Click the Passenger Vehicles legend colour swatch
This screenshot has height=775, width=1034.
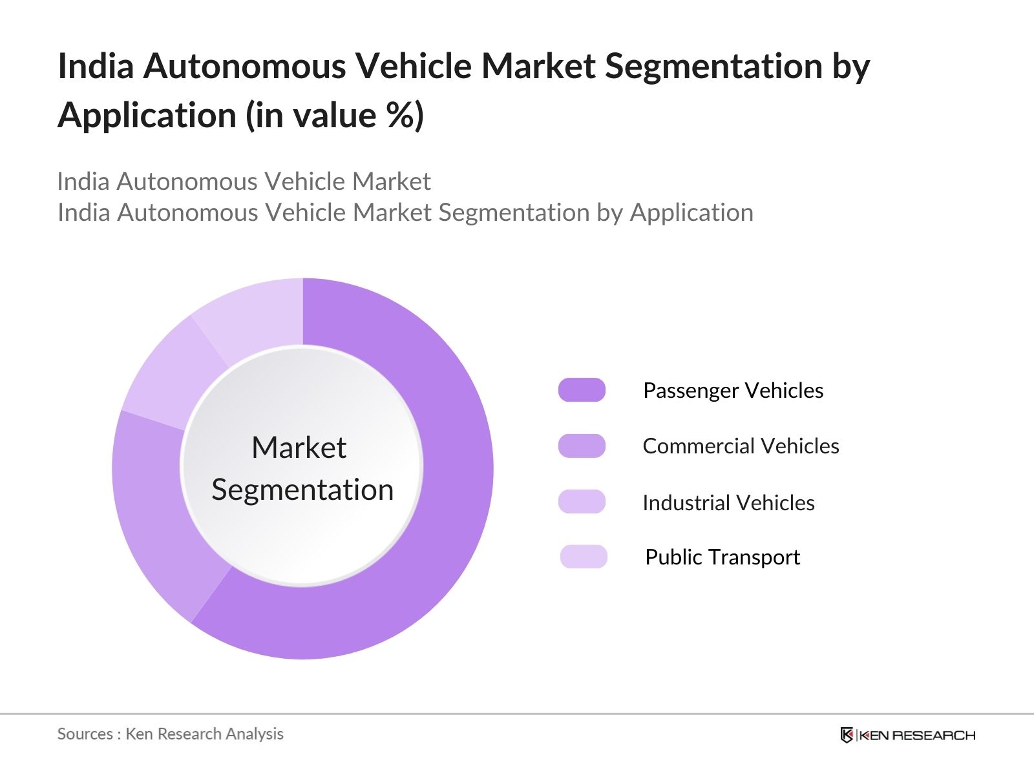[582, 390]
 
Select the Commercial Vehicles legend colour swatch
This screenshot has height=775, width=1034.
[582, 446]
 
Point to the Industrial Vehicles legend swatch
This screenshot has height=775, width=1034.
[582, 502]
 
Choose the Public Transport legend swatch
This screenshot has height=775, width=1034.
[584, 557]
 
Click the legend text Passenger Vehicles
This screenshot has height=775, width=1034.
[733, 390]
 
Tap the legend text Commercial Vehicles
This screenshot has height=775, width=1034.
[741, 446]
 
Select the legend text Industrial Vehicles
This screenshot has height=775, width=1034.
[728, 502]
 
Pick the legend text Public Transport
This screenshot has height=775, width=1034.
[723, 557]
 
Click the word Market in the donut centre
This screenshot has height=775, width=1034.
[299, 448]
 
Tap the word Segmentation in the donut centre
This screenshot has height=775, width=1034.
[302, 490]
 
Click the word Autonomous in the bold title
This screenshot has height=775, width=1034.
[244, 66]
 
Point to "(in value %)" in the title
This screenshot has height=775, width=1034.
[335, 116]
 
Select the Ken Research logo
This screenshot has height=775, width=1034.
[907, 735]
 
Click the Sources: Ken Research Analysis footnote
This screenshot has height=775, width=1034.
[170, 734]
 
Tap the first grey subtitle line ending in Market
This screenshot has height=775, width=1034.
[244, 181]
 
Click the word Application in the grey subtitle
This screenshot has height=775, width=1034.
[691, 212]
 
